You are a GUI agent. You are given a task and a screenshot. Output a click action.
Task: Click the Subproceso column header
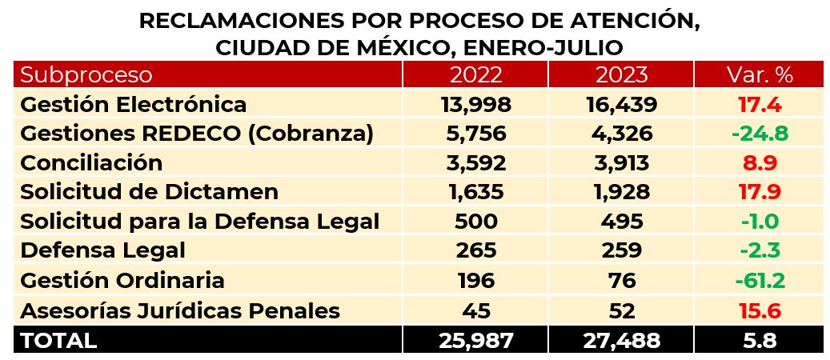click(86, 75)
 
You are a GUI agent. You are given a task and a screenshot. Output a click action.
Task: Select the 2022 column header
click(475, 75)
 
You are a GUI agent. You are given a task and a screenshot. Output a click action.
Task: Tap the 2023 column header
click(621, 75)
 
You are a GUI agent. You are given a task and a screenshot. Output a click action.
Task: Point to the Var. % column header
click(759, 75)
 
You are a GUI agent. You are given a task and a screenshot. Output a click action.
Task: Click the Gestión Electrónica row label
click(133, 105)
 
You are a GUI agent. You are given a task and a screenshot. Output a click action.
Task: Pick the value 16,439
click(621, 105)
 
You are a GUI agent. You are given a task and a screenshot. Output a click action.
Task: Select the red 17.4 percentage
click(759, 105)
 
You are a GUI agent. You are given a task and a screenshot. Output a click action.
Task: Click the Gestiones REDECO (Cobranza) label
click(196, 134)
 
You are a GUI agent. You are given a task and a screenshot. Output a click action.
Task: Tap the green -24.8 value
click(759, 134)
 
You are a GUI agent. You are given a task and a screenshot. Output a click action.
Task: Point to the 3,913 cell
click(621, 162)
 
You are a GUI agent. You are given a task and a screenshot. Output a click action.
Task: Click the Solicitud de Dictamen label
click(149, 192)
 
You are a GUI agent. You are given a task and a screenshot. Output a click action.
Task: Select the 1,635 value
click(475, 192)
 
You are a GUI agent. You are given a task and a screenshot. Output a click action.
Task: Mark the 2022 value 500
click(475, 221)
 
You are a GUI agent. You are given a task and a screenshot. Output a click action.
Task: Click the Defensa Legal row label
click(102, 250)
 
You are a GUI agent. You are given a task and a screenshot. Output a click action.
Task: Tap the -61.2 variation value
click(759, 281)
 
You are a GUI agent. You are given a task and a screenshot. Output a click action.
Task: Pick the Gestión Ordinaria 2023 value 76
click(621, 281)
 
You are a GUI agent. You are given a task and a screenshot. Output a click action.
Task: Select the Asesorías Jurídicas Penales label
click(179, 310)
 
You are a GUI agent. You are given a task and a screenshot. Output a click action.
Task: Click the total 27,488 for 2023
click(621, 340)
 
